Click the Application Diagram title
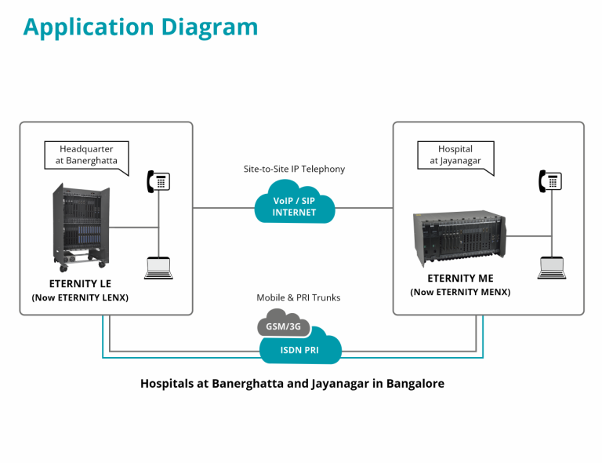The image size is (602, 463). (x=140, y=27)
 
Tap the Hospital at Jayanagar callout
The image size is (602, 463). (x=455, y=155)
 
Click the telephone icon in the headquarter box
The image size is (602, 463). (x=158, y=181)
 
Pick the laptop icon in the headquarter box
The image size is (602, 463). (x=158, y=268)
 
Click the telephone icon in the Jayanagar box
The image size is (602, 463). (x=550, y=181)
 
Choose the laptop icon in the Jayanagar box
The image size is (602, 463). (x=550, y=268)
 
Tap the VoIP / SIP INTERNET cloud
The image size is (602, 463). (x=295, y=205)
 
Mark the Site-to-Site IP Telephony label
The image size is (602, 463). (x=294, y=169)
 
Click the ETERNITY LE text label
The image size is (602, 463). (x=80, y=283)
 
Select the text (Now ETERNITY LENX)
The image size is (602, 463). (x=80, y=298)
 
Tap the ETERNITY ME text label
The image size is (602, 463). (x=460, y=279)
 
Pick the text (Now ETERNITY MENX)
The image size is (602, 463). (x=460, y=293)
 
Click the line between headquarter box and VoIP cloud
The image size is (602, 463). (x=223, y=208)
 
